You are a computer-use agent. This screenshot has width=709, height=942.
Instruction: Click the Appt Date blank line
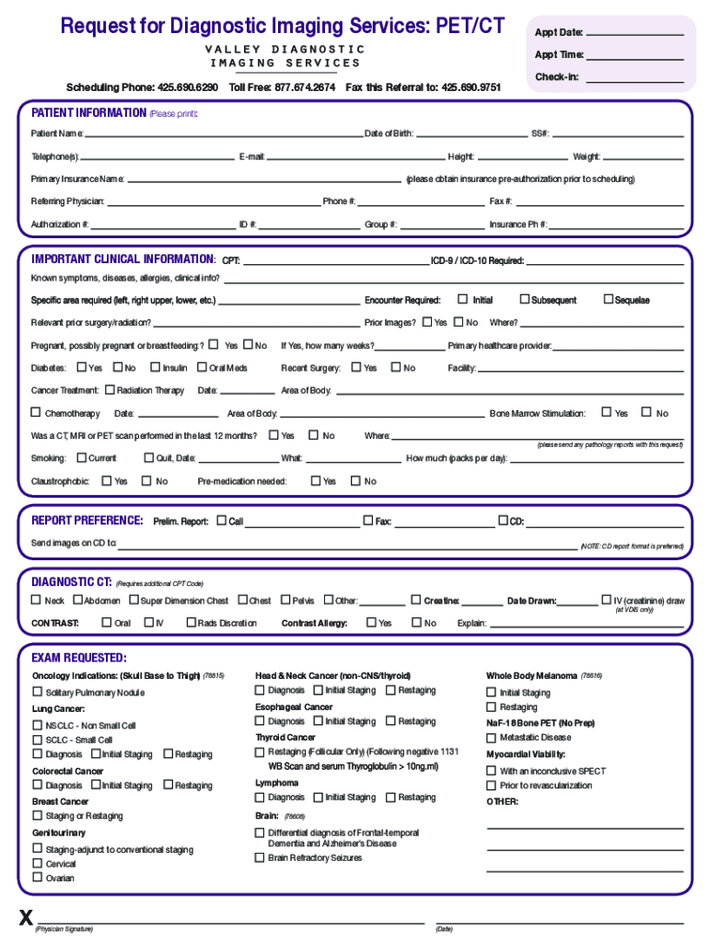634,34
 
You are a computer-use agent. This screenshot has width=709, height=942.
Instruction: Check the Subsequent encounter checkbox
525,299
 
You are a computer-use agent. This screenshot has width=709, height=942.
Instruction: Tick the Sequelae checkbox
608,299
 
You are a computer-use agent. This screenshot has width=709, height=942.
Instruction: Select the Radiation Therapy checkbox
110,390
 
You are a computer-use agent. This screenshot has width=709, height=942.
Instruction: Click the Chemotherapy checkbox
37,413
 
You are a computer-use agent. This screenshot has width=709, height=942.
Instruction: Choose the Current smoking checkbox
81,457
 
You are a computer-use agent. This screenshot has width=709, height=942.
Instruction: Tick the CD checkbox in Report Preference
503,521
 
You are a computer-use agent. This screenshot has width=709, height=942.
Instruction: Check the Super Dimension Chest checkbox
134,600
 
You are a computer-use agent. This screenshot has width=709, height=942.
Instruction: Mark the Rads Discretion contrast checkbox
192,623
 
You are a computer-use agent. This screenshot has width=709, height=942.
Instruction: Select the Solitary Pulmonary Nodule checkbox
37,692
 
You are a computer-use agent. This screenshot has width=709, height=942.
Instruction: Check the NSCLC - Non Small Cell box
37,725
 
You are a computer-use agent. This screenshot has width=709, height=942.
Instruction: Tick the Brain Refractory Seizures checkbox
260,857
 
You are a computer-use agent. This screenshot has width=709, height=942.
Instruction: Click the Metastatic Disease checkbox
491,737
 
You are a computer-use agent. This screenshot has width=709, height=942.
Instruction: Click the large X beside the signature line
27,917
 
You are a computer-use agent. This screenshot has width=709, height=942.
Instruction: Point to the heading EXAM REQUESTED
79,658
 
